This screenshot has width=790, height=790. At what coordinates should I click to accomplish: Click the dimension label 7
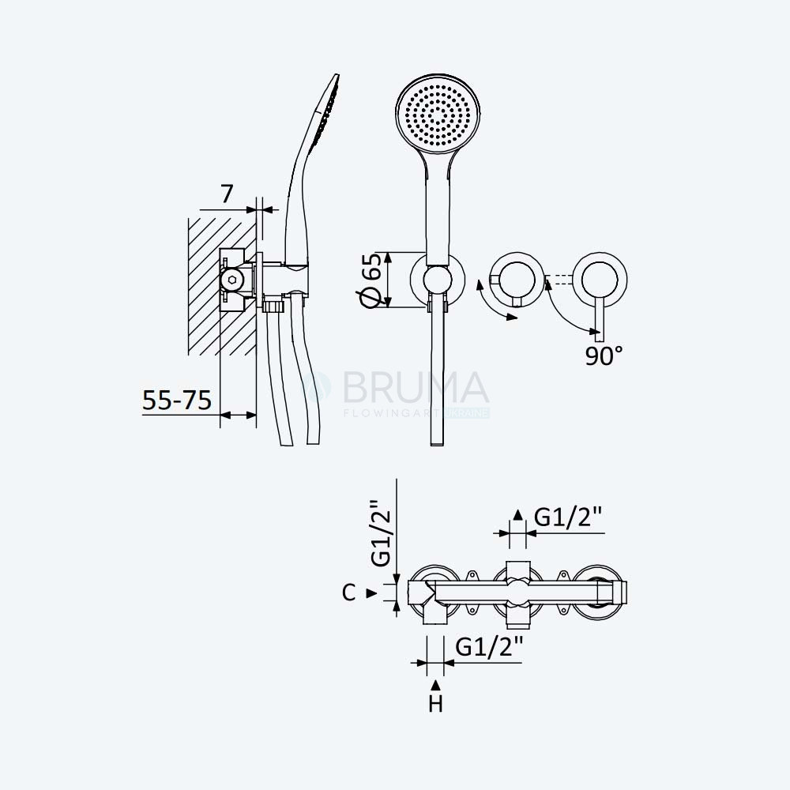click(228, 194)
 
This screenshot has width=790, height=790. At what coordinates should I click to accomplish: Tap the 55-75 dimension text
click(177, 401)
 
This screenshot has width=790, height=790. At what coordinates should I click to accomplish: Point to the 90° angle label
click(604, 355)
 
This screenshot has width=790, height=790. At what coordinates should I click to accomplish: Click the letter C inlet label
click(348, 592)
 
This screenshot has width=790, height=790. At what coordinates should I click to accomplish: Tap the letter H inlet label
click(436, 704)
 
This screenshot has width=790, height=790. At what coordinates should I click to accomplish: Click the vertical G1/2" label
click(382, 533)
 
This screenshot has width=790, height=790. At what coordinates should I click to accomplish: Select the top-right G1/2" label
click(568, 517)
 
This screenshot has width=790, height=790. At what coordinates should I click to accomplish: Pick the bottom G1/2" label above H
click(489, 647)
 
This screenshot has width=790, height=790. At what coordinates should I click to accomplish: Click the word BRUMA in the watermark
click(416, 388)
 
